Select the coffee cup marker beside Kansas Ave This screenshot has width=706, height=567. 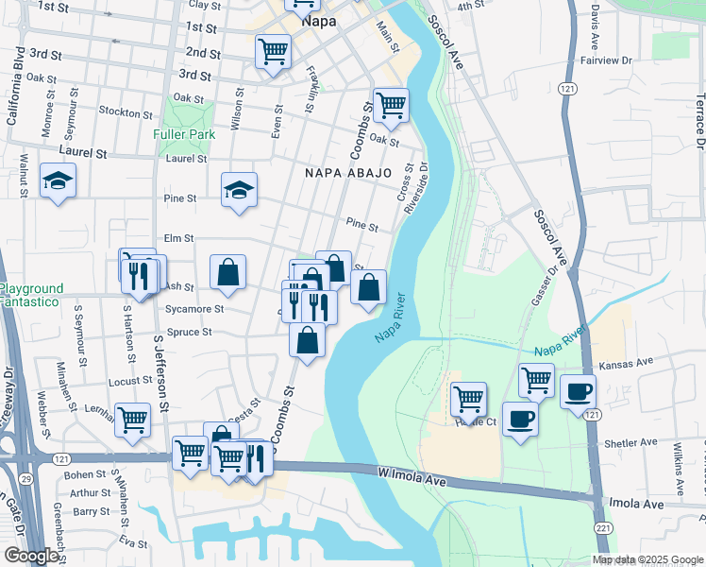(x=578, y=390)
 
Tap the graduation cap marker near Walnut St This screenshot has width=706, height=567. (x=58, y=180)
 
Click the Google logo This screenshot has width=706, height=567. (x=32, y=556)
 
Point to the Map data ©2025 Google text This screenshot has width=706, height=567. (x=647, y=559)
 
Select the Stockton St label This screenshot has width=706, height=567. (x=120, y=112)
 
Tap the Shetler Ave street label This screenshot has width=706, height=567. (x=630, y=442)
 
